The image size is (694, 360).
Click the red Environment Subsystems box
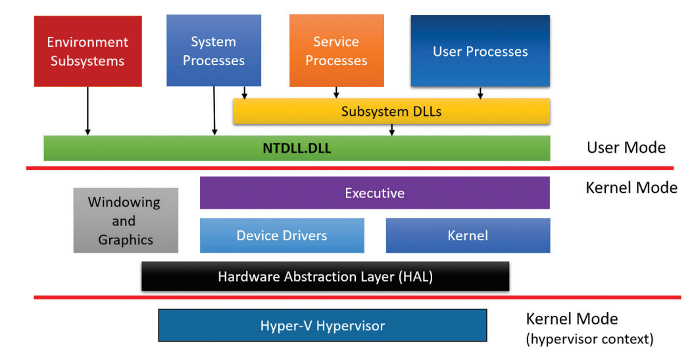pos(87,51)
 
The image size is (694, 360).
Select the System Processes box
pos(213,51)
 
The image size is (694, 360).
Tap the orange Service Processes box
pos(336,51)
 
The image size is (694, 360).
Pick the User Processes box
pos(480,51)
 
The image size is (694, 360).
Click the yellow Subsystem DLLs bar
pos(391,112)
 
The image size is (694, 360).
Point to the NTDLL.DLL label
pos(297,148)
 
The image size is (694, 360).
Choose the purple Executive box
pos(374,193)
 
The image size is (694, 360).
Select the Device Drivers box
pos(282,235)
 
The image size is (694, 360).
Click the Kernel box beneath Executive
pos(468,235)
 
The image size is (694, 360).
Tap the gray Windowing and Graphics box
pos(126,220)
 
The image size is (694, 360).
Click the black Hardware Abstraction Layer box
pos(325,276)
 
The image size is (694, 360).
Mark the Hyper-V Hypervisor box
pos(322,326)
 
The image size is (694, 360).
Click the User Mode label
pos(626,147)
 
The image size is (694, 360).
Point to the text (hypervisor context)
pos(589,340)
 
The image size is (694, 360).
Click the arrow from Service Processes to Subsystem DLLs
pos(336,93)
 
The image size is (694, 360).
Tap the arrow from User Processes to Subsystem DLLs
pos(480,93)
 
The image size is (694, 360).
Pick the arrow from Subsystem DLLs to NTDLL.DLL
pos(392,130)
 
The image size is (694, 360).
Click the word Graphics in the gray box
pos(126,240)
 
